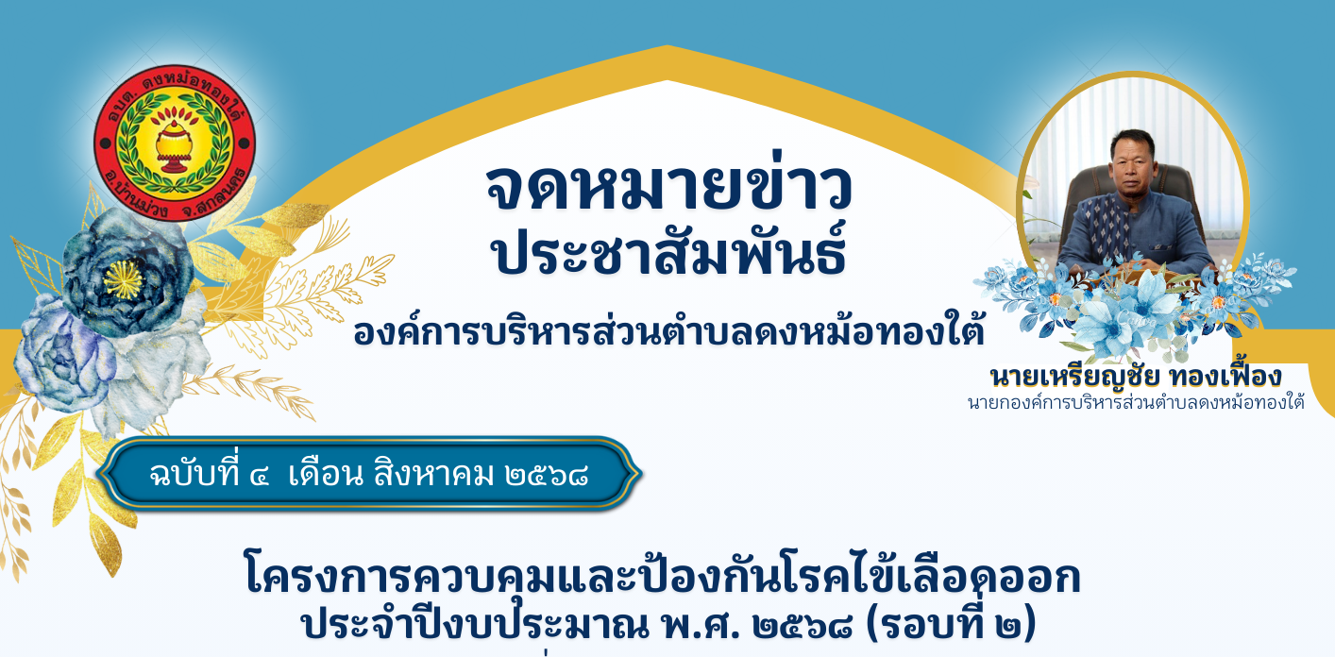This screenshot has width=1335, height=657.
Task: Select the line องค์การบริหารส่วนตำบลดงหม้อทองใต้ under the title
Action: pyautogui.click(x=668, y=330)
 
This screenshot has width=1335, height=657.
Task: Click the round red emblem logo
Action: pyautogui.click(x=175, y=143)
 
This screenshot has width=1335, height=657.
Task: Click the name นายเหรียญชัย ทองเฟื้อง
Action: pyautogui.click(x=1136, y=377)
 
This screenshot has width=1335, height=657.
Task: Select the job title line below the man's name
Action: pyautogui.click(x=1136, y=403)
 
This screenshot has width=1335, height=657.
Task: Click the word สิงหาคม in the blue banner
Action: pyautogui.click(x=434, y=475)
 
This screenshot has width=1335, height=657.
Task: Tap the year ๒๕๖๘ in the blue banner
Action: pyautogui.click(x=547, y=476)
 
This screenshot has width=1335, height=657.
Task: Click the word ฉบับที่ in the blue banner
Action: pyautogui.click(x=194, y=474)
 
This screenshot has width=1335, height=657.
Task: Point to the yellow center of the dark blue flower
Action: pyautogui.click(x=123, y=279)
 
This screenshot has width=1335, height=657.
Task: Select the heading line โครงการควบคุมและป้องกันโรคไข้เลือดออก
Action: pyautogui.click(x=663, y=576)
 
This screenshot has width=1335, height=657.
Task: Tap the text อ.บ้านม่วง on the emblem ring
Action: pyautogui.click(x=134, y=194)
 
